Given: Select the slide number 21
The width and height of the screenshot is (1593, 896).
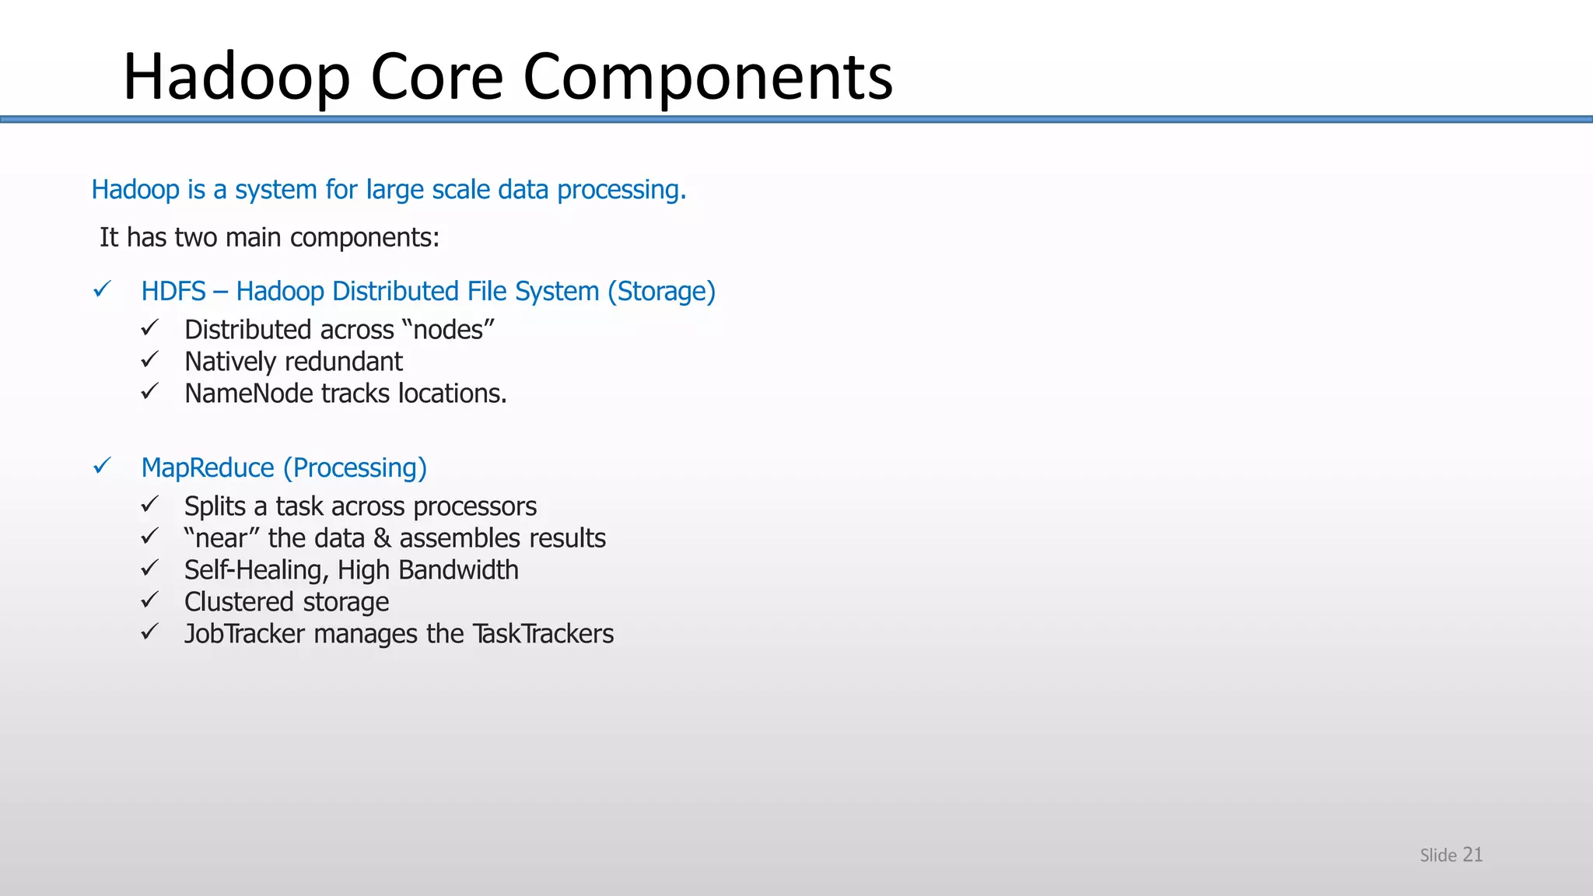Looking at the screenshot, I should (1472, 854).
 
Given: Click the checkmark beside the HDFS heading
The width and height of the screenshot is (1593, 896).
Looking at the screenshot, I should (102, 290).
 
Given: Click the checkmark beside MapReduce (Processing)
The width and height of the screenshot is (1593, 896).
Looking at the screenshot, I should (102, 467).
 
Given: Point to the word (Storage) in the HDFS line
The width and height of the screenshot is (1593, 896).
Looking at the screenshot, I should (661, 292).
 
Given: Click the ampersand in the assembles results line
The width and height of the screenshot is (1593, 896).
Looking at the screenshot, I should (381, 538).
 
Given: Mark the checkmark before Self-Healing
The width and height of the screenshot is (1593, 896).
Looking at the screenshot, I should (149, 569).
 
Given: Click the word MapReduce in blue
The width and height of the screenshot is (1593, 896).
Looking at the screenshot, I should (208, 468).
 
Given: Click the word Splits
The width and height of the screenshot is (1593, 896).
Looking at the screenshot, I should (215, 506).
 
